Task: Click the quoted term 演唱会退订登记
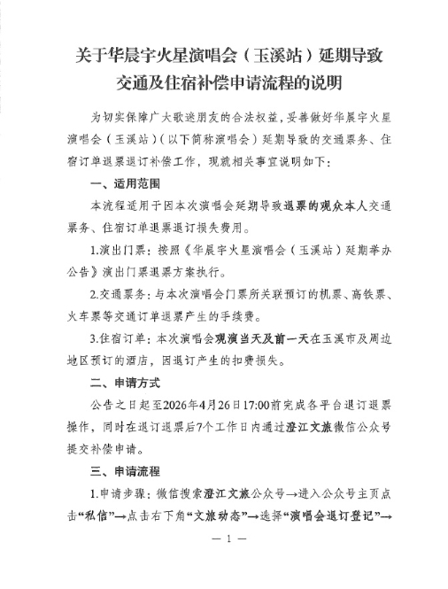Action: tap(344, 515)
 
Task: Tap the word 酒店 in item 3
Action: tap(174, 360)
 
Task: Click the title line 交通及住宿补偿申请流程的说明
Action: tap(223, 86)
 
